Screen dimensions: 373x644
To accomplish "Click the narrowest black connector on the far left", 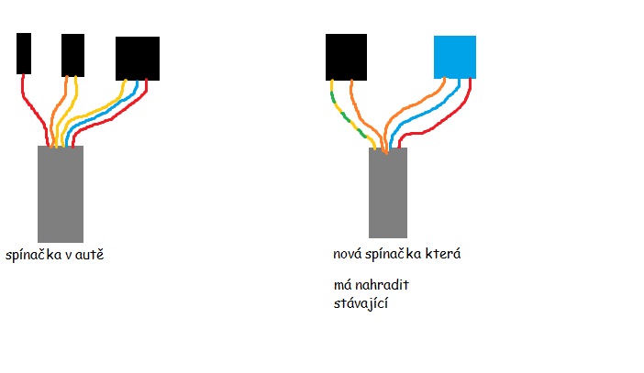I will (x=24, y=53).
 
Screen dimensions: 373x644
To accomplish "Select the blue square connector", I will (x=454, y=57).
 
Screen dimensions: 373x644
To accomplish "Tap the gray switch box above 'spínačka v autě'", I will (x=61, y=193).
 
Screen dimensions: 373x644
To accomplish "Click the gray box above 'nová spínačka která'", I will (x=387, y=192).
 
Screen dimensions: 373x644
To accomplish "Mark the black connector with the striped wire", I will (x=346, y=56).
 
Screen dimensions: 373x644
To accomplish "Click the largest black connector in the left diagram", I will (x=137, y=59).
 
